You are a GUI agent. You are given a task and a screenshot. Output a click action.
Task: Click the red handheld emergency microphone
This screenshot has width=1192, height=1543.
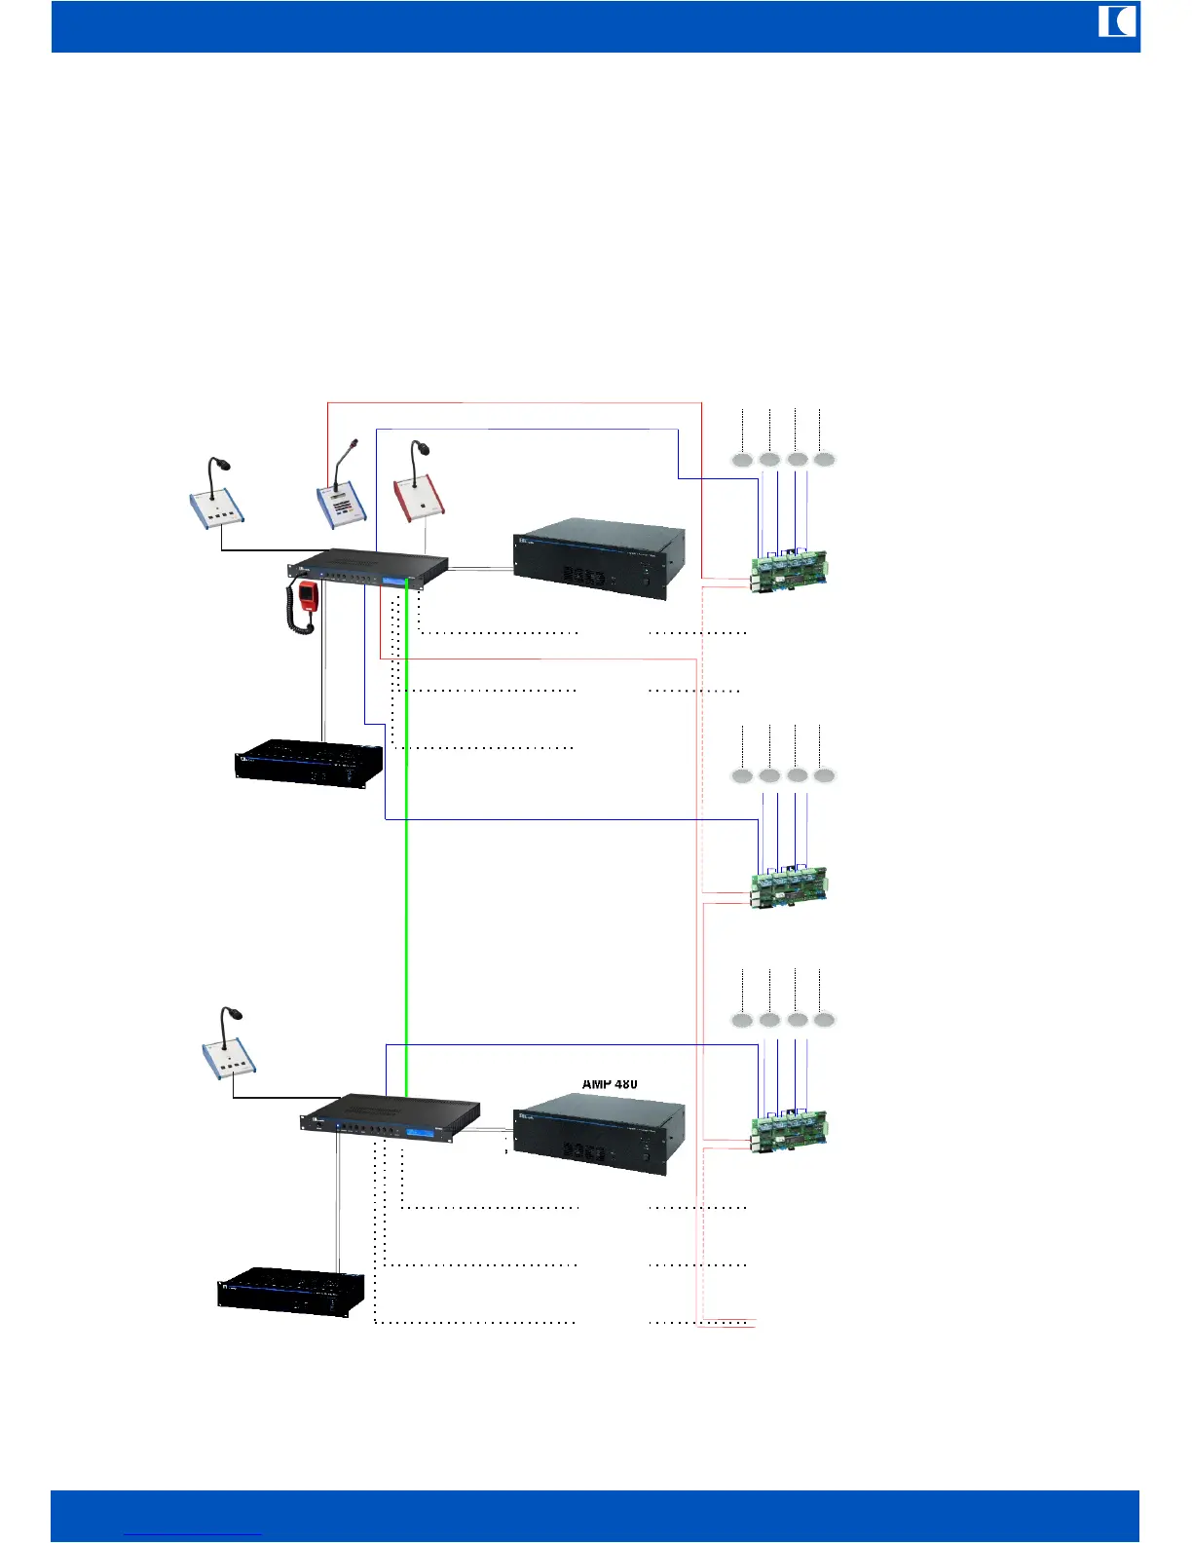(x=309, y=596)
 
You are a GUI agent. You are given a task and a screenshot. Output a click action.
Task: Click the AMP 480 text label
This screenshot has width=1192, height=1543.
(x=610, y=1084)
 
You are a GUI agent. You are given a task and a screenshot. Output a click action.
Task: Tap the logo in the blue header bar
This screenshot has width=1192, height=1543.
(x=1117, y=21)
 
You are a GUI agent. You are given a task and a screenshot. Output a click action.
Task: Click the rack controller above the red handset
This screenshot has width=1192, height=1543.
(x=368, y=569)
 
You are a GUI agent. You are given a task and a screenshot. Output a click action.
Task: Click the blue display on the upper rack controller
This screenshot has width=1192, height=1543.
(x=394, y=582)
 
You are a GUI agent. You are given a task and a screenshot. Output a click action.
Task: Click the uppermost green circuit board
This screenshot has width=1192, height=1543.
(x=789, y=572)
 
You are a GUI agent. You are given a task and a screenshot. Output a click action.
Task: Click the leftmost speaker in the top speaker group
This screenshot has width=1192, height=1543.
(x=742, y=460)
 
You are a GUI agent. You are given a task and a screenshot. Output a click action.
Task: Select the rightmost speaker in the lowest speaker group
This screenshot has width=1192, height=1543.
(x=824, y=1020)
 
